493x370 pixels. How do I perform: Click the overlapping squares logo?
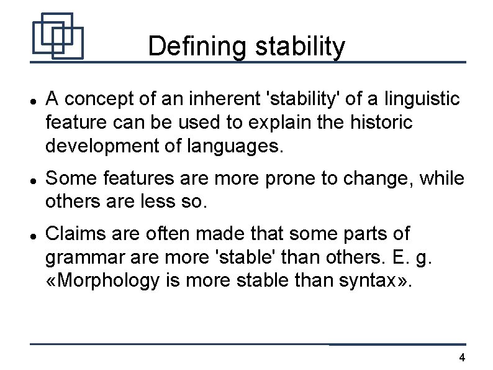(57, 35)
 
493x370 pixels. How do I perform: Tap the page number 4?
(461, 357)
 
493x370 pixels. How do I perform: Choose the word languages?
(239, 147)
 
